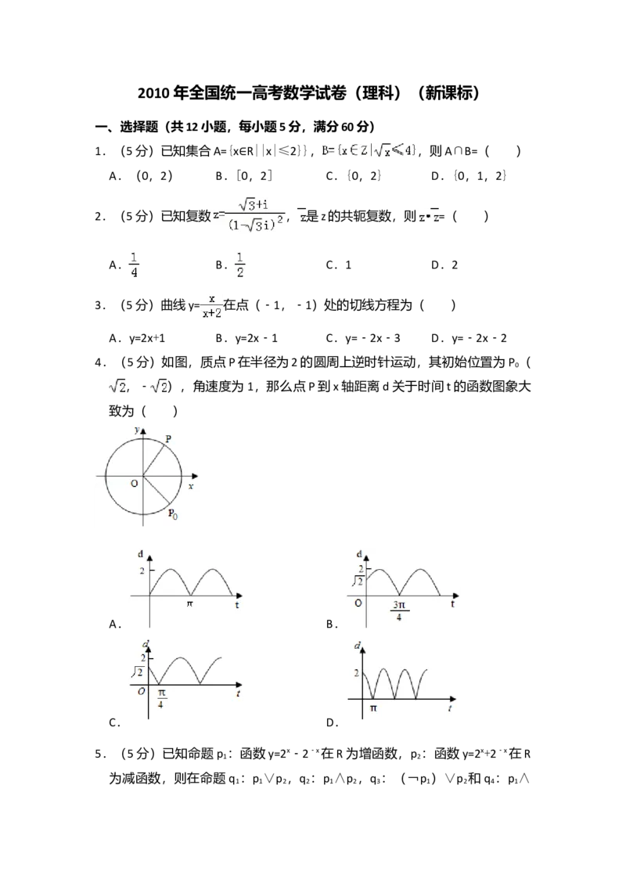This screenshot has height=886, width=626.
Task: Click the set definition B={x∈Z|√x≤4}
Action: pyautogui.click(x=369, y=149)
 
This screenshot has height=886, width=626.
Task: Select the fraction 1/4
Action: pyautogui.click(x=134, y=265)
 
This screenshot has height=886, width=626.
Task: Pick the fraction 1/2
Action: pyautogui.click(x=240, y=265)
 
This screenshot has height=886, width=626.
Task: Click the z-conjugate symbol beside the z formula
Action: pyautogui.click(x=300, y=217)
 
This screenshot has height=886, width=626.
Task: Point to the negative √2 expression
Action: pyautogui.click(x=157, y=385)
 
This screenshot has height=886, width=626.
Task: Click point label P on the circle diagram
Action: pyautogui.click(x=169, y=440)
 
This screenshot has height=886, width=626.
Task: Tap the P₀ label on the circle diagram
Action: pyautogui.click(x=172, y=514)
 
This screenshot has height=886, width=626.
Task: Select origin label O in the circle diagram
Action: pyautogui.click(x=134, y=484)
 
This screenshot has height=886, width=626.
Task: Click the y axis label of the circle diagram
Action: pyautogui.click(x=136, y=430)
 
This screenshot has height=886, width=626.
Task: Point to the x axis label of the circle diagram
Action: pyautogui.click(x=191, y=486)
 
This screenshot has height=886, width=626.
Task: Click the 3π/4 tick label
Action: pyautogui.click(x=399, y=611)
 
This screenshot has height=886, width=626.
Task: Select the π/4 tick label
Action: pyautogui.click(x=160, y=698)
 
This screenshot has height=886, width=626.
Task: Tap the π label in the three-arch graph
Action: pyautogui.click(x=372, y=708)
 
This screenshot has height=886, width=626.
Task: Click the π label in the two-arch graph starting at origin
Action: pyautogui.click(x=189, y=604)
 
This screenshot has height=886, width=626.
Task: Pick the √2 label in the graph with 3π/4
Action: pyautogui.click(x=356, y=581)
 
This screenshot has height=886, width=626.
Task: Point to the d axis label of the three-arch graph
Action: pyautogui.click(x=358, y=646)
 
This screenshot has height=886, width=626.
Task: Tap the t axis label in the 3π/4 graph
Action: pyautogui.click(x=453, y=604)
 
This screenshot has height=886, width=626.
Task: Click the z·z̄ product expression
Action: pyautogui.click(x=429, y=217)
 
